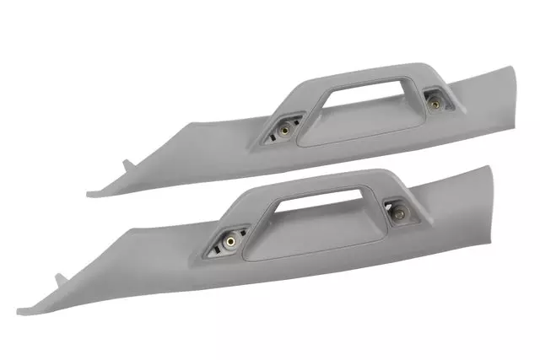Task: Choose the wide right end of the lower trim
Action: [468, 244]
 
